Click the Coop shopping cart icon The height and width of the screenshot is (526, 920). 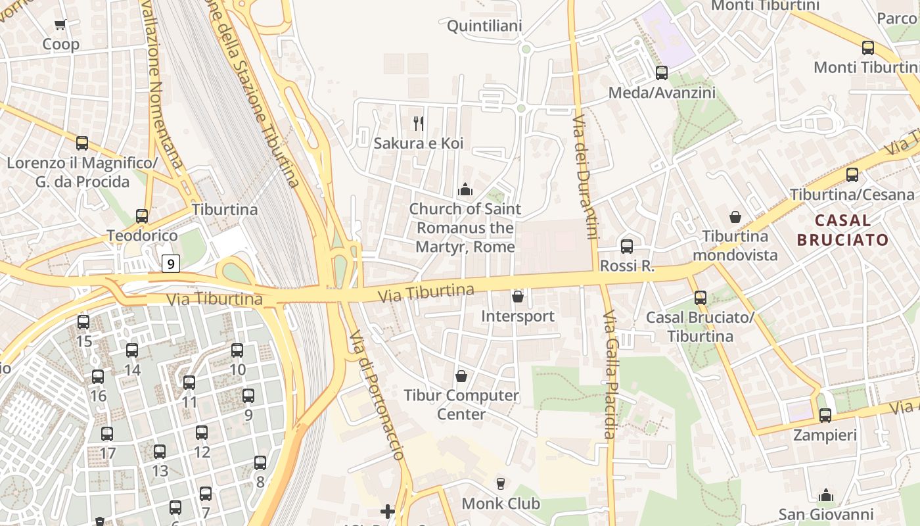pos(60,25)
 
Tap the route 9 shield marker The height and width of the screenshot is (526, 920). pos(171,264)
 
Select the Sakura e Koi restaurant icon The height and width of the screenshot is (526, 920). pos(418,122)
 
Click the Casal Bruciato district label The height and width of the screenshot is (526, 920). pos(842,230)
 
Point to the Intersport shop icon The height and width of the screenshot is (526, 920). pos(518,297)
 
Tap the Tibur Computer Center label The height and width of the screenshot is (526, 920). pos(461,404)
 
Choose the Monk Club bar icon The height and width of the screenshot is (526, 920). pos(501,484)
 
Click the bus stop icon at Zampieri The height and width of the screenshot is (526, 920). pos(825,416)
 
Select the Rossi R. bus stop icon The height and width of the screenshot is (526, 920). pos(627,247)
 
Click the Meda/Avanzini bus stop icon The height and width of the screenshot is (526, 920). pos(662,73)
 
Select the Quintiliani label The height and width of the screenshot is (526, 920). pos(484,26)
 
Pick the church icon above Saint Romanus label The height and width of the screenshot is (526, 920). pos(465,190)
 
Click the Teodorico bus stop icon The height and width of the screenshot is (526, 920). pos(142,216)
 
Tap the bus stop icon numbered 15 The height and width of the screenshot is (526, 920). pos(83,322)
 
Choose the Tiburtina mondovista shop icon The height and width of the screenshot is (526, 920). pos(735,216)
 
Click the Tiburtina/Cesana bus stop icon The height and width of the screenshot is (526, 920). pos(852,175)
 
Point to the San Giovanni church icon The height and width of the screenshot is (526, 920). pos(826,495)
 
